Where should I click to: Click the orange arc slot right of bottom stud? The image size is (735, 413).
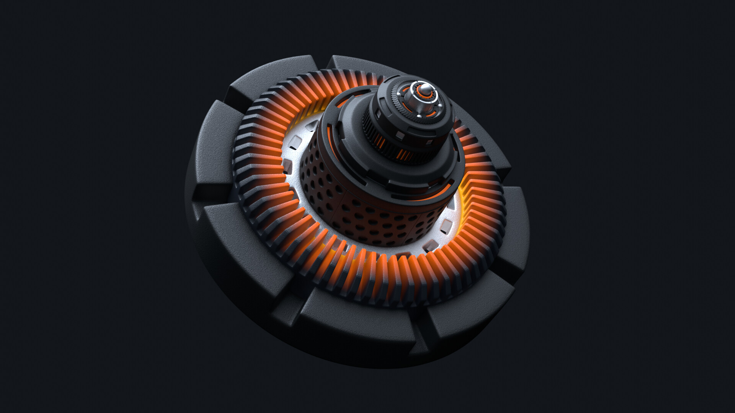431,114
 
